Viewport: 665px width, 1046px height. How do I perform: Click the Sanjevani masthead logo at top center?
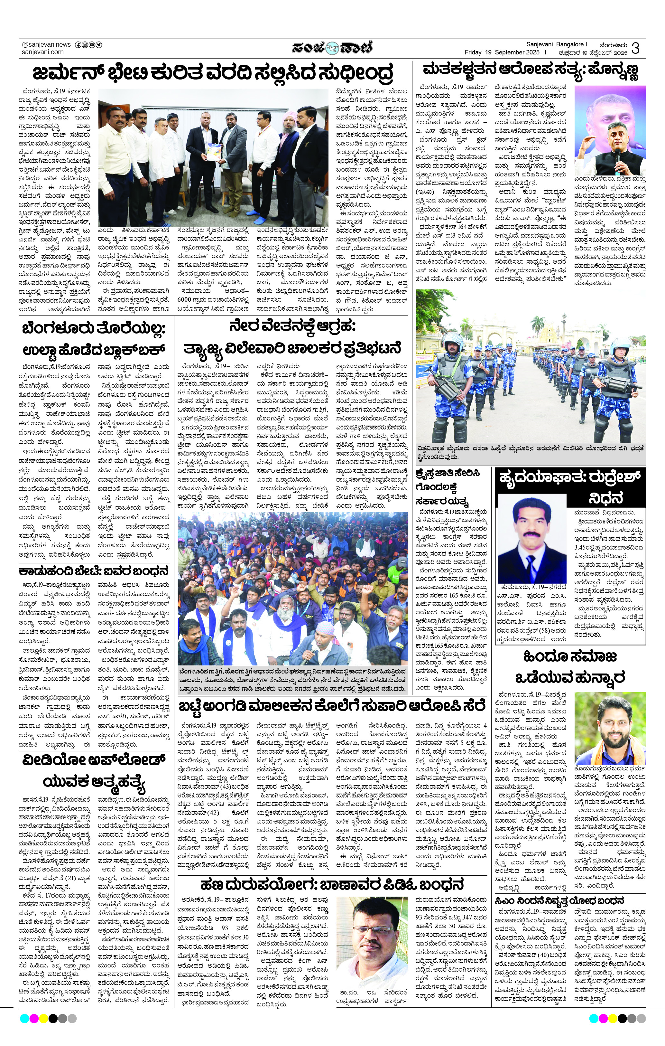coord(332,47)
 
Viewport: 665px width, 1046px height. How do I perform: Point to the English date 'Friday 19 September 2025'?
coord(502,52)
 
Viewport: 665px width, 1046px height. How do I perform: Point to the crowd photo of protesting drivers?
coord(292,588)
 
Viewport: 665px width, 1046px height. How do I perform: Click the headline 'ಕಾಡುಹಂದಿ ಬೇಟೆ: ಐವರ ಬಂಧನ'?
coord(87,571)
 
